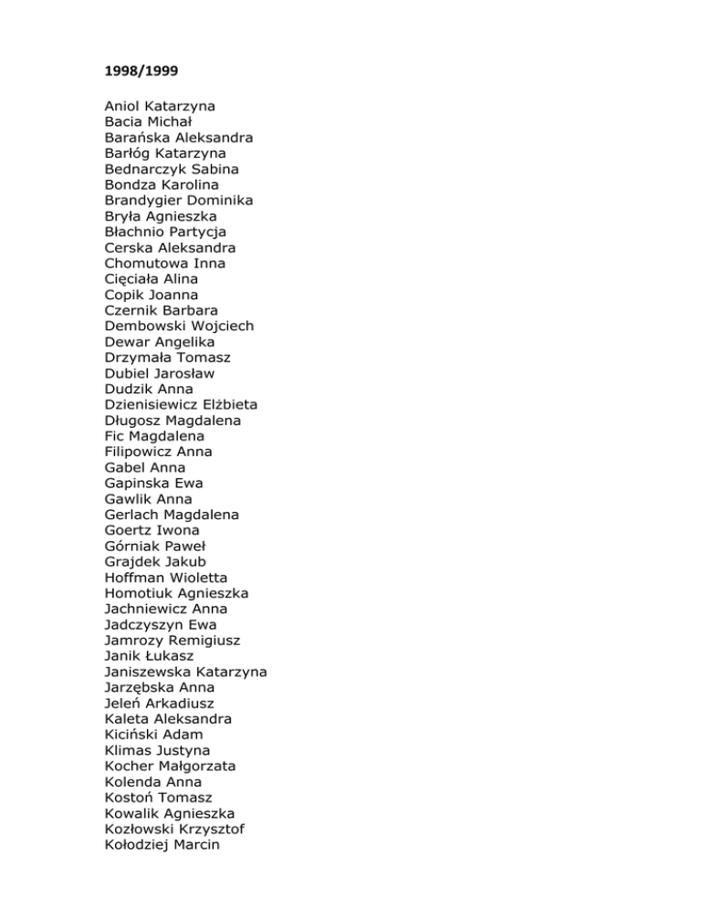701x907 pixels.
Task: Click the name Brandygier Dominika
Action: [179, 200]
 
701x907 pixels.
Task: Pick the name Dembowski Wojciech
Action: [179, 326]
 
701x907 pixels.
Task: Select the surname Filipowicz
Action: [139, 452]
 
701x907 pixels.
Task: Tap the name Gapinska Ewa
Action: [154, 483]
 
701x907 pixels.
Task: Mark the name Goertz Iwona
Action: [152, 530]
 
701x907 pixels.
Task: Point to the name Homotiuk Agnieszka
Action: [176, 593]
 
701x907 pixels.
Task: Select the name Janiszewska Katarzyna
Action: [186, 672]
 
